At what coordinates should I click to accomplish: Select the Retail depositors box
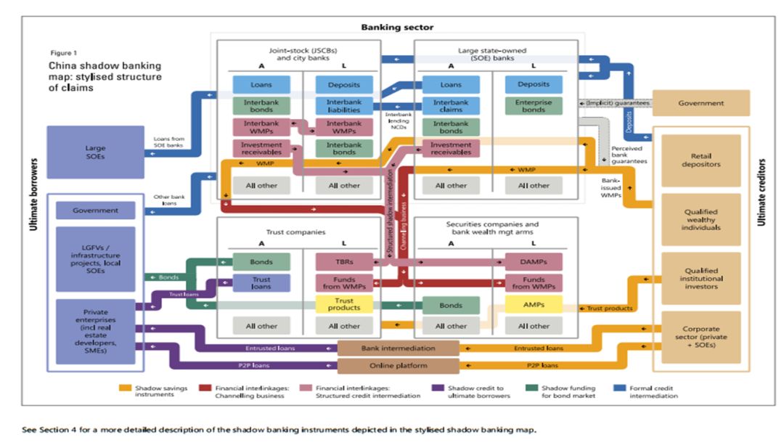(701, 159)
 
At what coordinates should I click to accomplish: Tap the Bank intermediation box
(399, 348)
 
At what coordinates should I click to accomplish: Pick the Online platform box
(399, 365)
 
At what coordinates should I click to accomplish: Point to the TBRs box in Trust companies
(343, 261)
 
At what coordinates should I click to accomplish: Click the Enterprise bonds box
(534, 106)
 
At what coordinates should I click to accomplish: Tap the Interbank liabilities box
(343, 106)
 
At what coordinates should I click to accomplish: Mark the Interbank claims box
(451, 106)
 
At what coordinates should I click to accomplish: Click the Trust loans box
(261, 283)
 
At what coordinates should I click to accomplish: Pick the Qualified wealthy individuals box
(701, 219)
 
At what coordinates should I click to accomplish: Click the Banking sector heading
(397, 27)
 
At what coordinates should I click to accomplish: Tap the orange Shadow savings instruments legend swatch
(126, 388)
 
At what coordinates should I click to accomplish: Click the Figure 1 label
(62, 53)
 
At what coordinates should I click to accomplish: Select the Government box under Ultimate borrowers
(95, 211)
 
